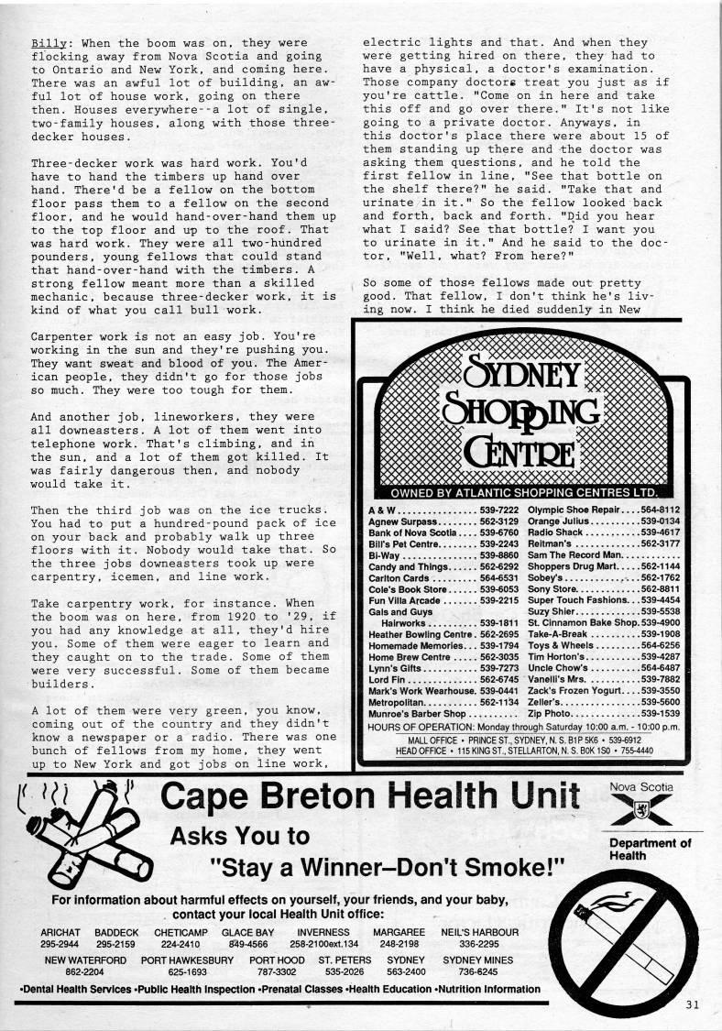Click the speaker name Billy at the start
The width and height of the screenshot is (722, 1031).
tap(46, 43)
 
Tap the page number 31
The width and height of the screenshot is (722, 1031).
tap(691, 1003)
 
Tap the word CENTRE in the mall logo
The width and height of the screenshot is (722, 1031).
tap(523, 452)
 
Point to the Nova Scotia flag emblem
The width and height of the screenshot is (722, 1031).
tap(640, 810)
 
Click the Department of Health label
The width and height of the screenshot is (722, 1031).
tap(651, 849)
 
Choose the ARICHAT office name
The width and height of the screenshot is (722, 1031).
tap(61, 931)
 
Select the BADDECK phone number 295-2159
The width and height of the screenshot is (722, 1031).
tap(115, 943)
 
